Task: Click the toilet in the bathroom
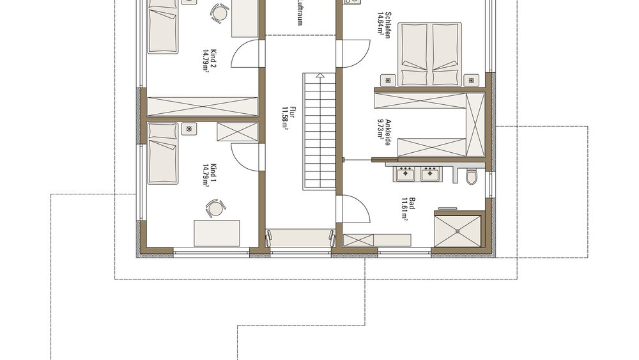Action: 472,176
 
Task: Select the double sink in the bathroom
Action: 417,173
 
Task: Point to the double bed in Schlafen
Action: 430,54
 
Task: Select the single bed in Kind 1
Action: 163,152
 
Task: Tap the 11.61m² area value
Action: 404,208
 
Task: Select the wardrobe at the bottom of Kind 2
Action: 203,106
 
